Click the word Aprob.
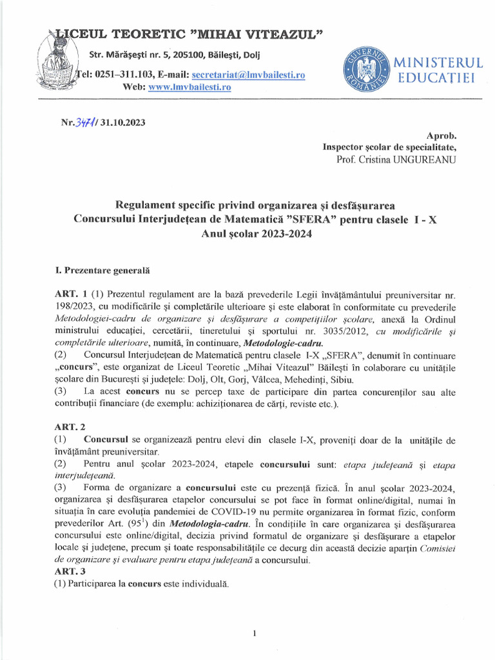point(442,136)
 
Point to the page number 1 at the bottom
point(255,633)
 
